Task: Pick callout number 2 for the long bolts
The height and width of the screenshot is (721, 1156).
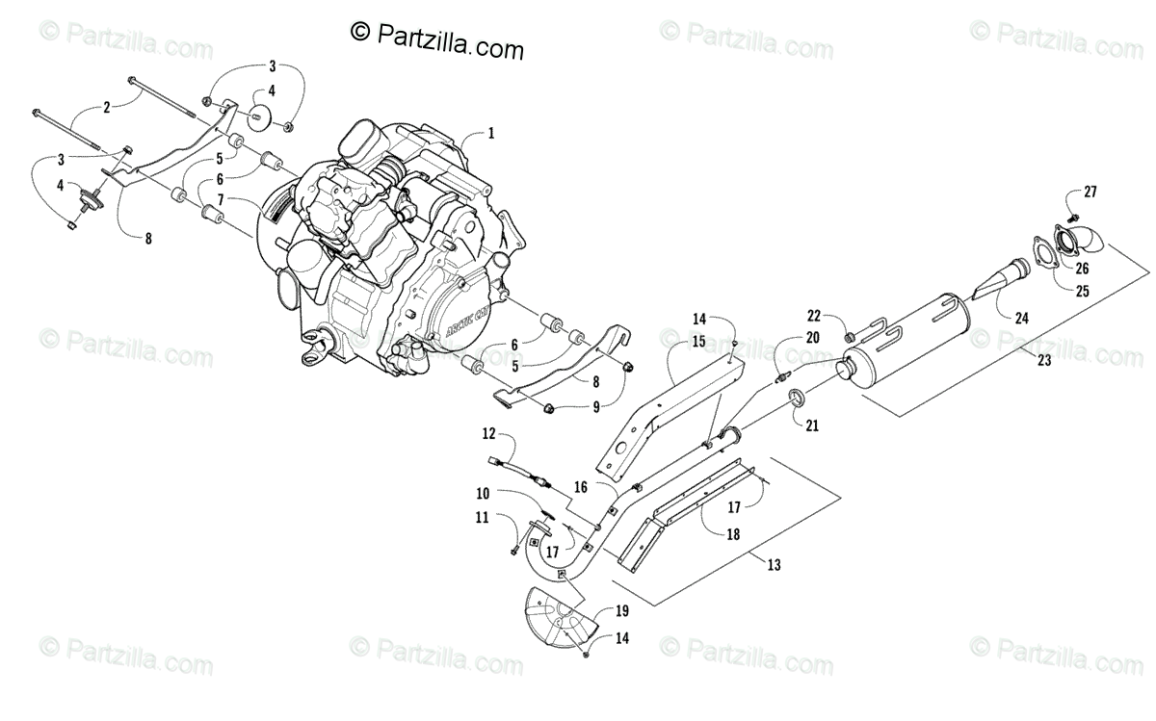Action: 106,108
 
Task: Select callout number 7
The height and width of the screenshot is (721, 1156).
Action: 221,199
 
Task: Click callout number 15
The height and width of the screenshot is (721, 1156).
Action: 698,343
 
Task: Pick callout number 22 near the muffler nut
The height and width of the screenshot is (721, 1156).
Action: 814,316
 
